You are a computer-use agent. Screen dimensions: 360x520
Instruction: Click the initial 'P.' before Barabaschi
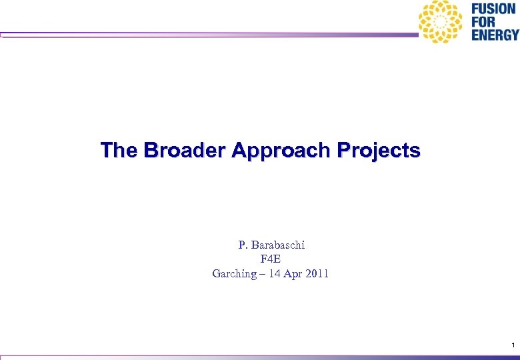[x=243, y=245]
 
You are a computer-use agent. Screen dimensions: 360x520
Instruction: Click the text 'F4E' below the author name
[x=271, y=259]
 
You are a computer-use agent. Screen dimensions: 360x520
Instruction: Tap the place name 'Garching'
[x=233, y=273]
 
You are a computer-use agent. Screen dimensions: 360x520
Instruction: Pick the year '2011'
[x=317, y=273]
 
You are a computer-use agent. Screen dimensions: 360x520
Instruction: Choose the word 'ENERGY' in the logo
[x=495, y=35]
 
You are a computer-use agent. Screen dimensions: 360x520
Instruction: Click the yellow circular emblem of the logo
[x=440, y=22]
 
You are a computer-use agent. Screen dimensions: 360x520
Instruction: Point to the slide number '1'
[x=513, y=345]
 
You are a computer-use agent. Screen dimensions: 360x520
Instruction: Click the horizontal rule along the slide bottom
[x=260, y=357]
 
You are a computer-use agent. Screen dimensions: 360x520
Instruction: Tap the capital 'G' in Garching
[x=216, y=273]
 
